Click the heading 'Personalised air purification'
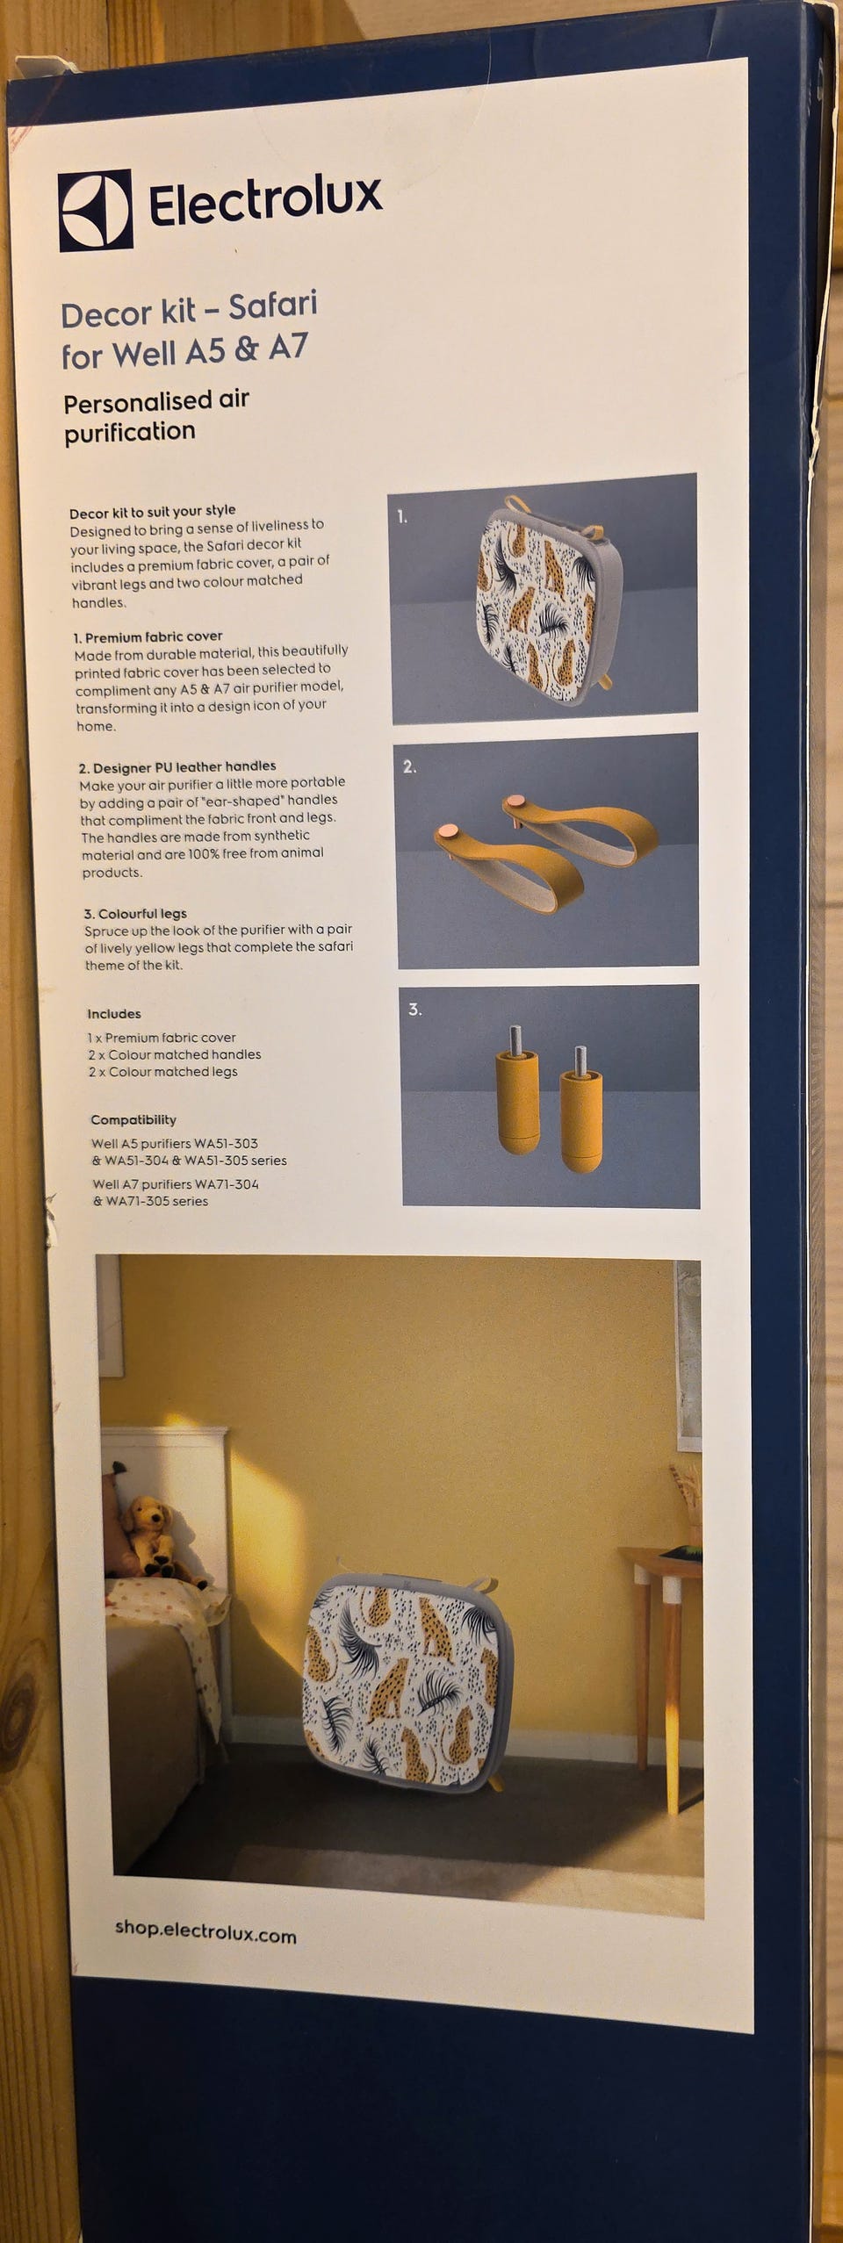click(x=156, y=416)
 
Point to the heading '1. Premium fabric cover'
click(x=148, y=636)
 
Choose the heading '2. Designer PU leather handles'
click(x=177, y=766)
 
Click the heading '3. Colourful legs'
click(x=135, y=914)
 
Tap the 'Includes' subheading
click(x=114, y=1014)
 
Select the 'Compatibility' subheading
click(x=133, y=1120)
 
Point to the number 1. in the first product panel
click(x=402, y=517)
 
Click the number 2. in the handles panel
click(x=409, y=766)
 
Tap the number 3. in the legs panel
click(x=414, y=1010)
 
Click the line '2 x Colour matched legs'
click(x=162, y=1072)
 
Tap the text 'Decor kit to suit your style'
click(x=153, y=511)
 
